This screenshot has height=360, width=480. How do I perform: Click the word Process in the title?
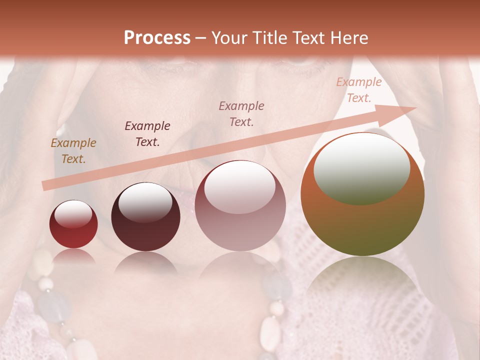pyautogui.click(x=157, y=38)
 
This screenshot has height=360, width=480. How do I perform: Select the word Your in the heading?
pyautogui.click(x=228, y=38)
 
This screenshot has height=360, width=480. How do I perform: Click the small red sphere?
pyautogui.click(x=73, y=224)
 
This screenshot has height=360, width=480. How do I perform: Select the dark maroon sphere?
pyautogui.click(x=145, y=217)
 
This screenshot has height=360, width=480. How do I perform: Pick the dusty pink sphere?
pyautogui.click(x=240, y=206)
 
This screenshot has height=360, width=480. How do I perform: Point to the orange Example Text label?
pyautogui.click(x=73, y=151)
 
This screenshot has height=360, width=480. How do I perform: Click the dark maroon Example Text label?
pyautogui.click(x=147, y=133)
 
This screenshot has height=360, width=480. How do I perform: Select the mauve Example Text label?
pyautogui.click(x=241, y=113)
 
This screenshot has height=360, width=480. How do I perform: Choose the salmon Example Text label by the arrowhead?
pyautogui.click(x=358, y=90)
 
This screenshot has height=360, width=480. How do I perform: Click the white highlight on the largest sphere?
pyautogui.click(x=361, y=169)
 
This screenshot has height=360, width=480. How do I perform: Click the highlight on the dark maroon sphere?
pyautogui.click(x=145, y=203)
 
